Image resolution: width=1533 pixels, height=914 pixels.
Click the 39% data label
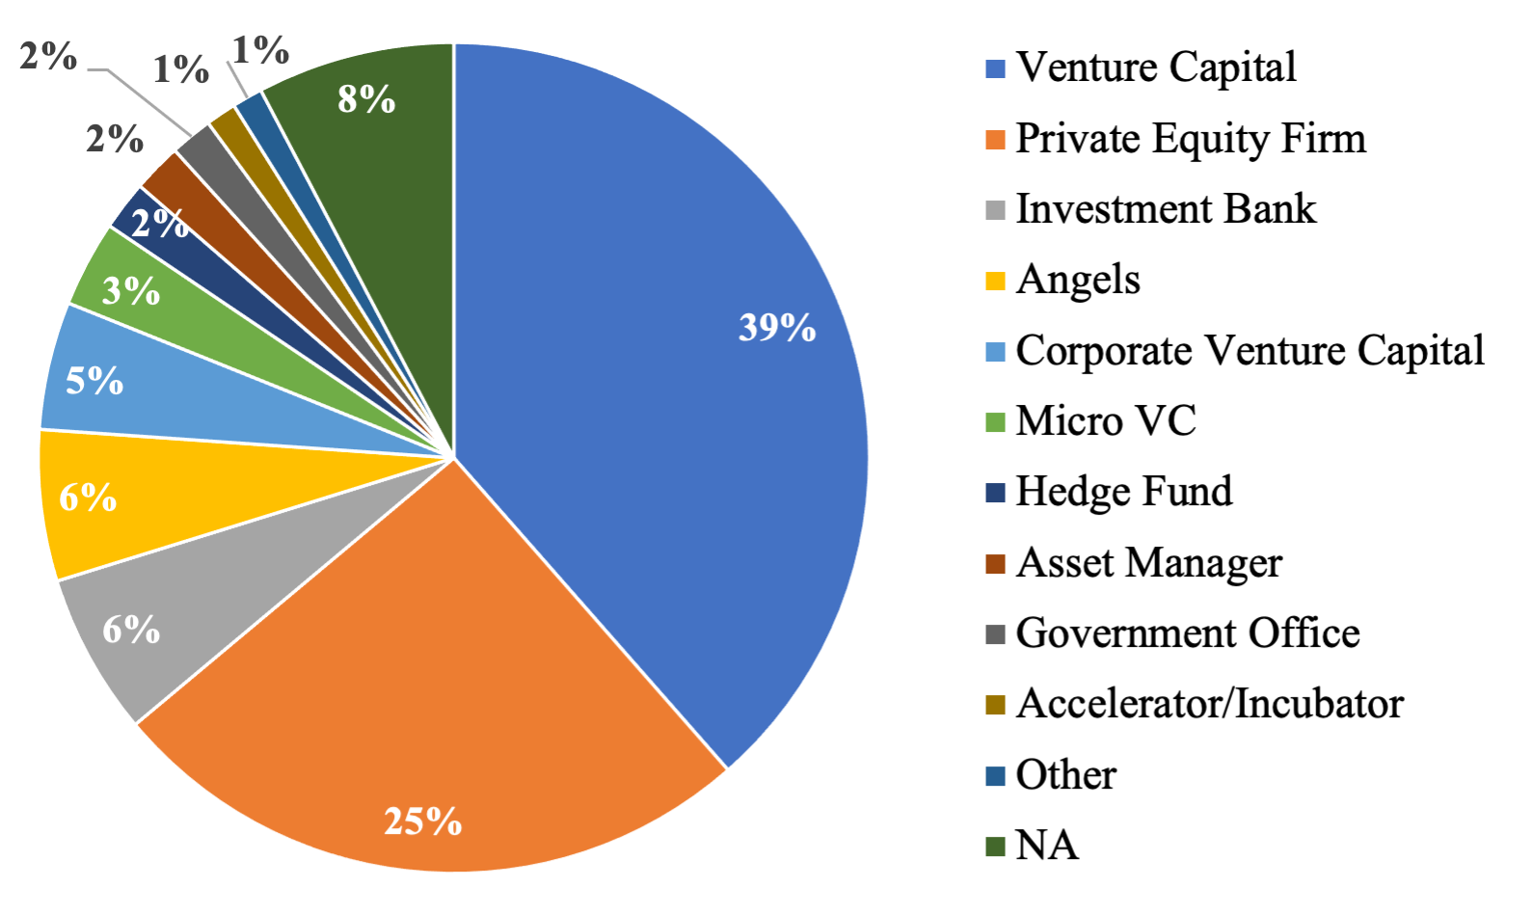pos(777,328)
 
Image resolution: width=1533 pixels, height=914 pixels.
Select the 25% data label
pos(422,821)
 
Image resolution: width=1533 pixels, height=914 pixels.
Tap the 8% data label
pos(366,98)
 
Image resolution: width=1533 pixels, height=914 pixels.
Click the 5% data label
pos(94,381)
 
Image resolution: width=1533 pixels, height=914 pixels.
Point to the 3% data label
pos(131,290)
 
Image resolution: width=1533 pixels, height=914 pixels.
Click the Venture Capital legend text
pos(1155,67)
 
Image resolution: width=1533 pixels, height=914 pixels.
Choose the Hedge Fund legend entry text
pos(1123,492)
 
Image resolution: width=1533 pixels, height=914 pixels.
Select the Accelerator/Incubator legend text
pos(1209,704)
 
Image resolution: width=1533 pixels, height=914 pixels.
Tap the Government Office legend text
pos(1187,633)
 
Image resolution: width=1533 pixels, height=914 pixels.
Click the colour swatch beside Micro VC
pos(995,422)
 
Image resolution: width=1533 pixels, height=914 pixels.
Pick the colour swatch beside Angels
pos(995,282)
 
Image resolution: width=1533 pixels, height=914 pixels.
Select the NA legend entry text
pos(1046,846)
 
